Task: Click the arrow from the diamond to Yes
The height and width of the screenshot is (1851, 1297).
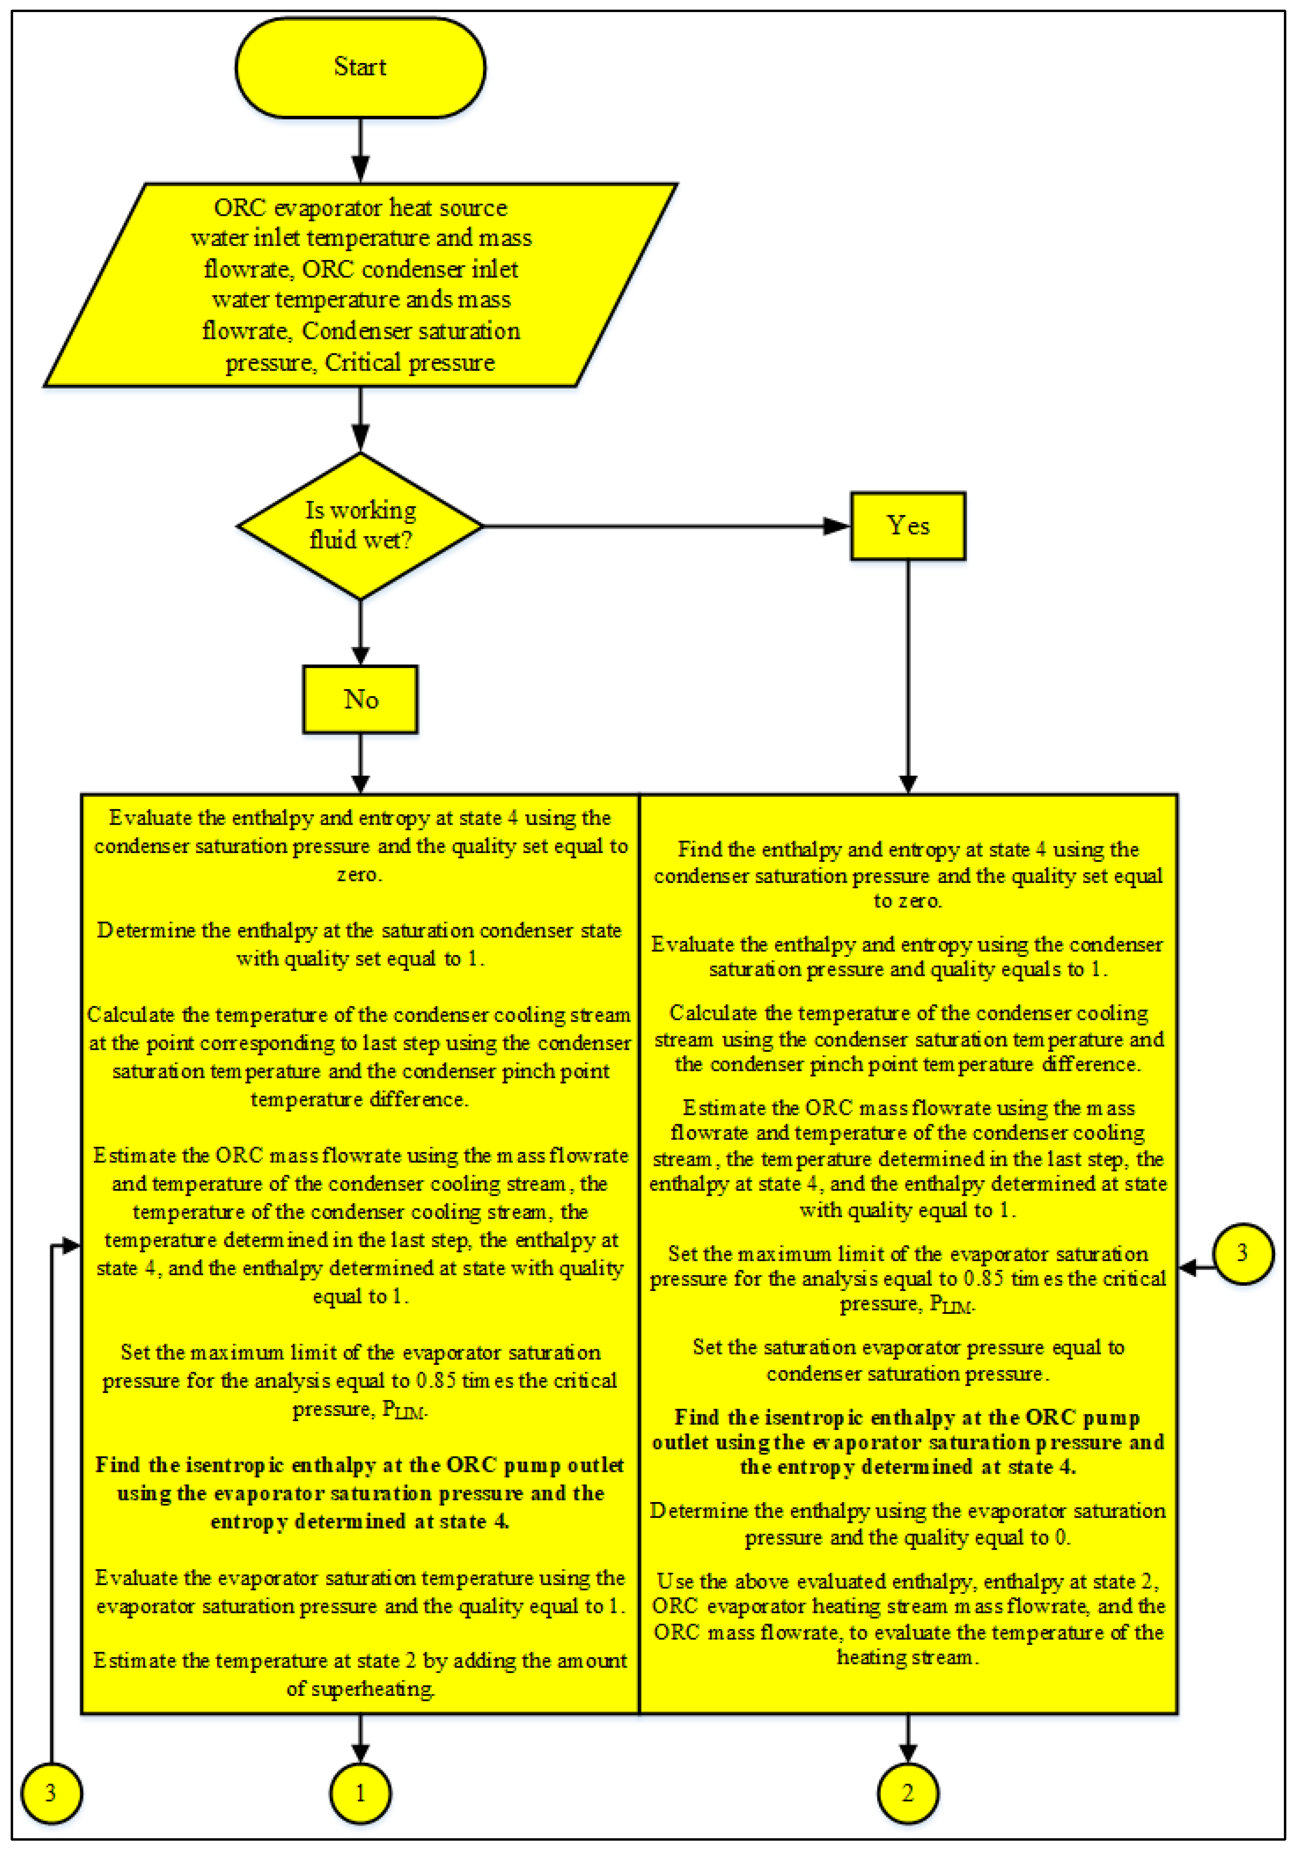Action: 665,527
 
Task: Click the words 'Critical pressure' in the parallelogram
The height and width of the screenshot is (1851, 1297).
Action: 410,363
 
